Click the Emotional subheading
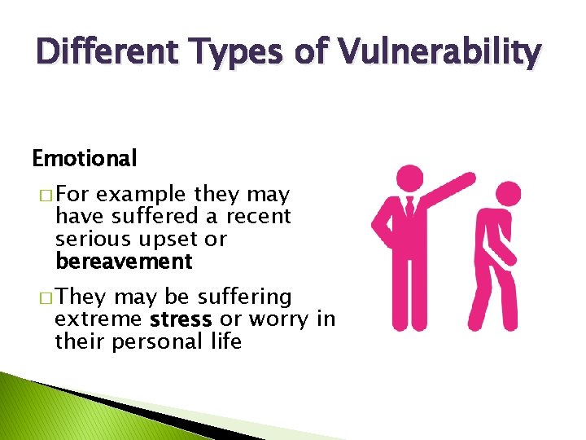(x=84, y=157)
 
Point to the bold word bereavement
(x=124, y=262)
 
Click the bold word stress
(x=181, y=319)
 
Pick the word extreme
(x=98, y=319)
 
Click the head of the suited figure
(x=409, y=178)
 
